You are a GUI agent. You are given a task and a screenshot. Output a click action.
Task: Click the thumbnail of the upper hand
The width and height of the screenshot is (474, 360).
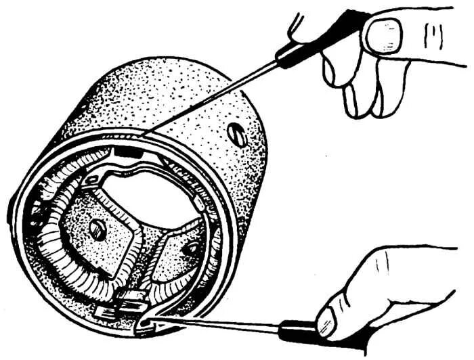tap(383, 35)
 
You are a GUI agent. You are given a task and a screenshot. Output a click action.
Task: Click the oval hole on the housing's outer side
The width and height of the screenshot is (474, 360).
tap(237, 134)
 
